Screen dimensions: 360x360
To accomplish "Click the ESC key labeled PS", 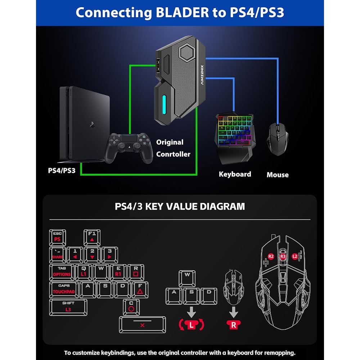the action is point(57,237).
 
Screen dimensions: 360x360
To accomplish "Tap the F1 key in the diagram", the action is point(92,237).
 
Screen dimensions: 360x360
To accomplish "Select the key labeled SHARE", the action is point(57,255).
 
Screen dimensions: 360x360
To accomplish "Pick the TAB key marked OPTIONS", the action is point(62,272).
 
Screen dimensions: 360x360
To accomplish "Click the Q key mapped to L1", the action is point(84,272).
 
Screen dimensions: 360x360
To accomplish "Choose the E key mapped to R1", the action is point(118,272).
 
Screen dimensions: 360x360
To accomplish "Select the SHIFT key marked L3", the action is point(68,307).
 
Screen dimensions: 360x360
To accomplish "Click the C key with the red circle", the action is point(131,307).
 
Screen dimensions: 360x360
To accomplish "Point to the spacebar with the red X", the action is point(143,324).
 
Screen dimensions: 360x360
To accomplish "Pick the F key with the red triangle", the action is point(140,289).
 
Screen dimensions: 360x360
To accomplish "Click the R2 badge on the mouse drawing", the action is point(271,256).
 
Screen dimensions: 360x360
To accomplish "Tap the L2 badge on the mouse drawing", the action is point(295,256).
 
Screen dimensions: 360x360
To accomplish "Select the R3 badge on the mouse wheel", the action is point(283,256).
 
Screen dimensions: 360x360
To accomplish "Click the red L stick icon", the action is point(191,325).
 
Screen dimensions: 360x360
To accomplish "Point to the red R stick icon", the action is point(234,325).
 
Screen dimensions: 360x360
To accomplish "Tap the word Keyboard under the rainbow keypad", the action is point(235,174).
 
